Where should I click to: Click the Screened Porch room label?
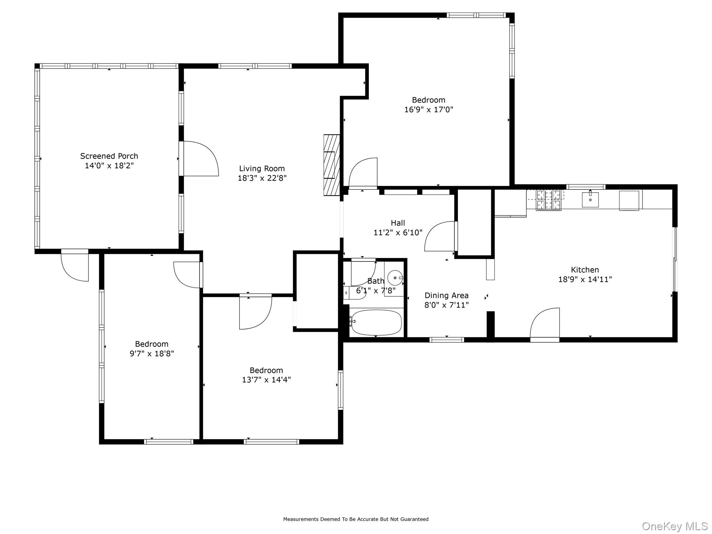click(x=109, y=156)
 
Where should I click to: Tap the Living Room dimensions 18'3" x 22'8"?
click(x=262, y=178)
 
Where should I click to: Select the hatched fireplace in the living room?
click(x=331, y=165)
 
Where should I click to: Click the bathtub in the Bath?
click(x=376, y=322)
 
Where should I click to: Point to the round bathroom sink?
click(x=395, y=278)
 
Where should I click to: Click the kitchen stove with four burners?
click(x=548, y=200)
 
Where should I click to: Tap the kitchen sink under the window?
click(x=590, y=200)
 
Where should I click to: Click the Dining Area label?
click(x=446, y=296)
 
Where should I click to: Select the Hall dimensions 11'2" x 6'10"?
click(x=398, y=233)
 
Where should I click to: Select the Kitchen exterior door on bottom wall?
click(x=545, y=323)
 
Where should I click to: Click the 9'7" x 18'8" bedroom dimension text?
click(x=152, y=354)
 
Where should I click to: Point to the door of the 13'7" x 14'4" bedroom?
click(x=255, y=312)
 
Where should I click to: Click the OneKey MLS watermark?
click(x=674, y=526)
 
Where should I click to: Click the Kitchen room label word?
click(x=585, y=270)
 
